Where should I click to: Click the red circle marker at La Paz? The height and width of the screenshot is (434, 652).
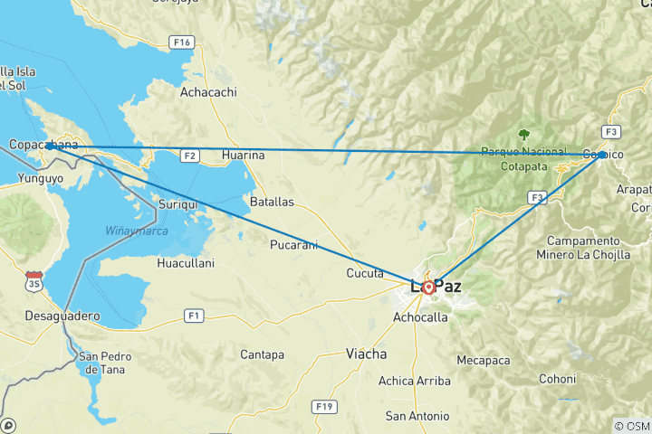tap(428, 288)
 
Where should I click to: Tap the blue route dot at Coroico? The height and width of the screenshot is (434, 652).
tap(602, 155)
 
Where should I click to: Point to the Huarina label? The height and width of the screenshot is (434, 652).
tap(244, 156)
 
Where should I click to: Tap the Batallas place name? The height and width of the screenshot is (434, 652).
tap(273, 203)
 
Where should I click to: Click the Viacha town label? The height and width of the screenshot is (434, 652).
tap(366, 354)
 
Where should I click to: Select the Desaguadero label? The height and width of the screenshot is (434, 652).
tap(64, 317)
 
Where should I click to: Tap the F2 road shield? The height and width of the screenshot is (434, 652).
tap(189, 156)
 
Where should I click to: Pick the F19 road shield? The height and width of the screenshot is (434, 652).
tap(324, 407)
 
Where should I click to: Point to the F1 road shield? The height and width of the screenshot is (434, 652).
tap(194, 316)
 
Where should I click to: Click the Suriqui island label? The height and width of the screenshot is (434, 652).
tap(177, 206)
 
